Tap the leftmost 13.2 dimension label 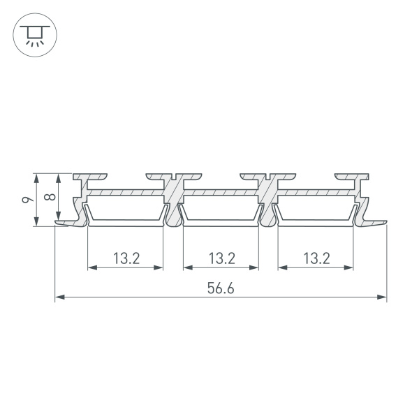click(126, 258)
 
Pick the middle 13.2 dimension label click(221, 258)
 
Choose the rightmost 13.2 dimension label click(316, 258)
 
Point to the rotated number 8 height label click(49, 197)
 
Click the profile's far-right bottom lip click(374, 221)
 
